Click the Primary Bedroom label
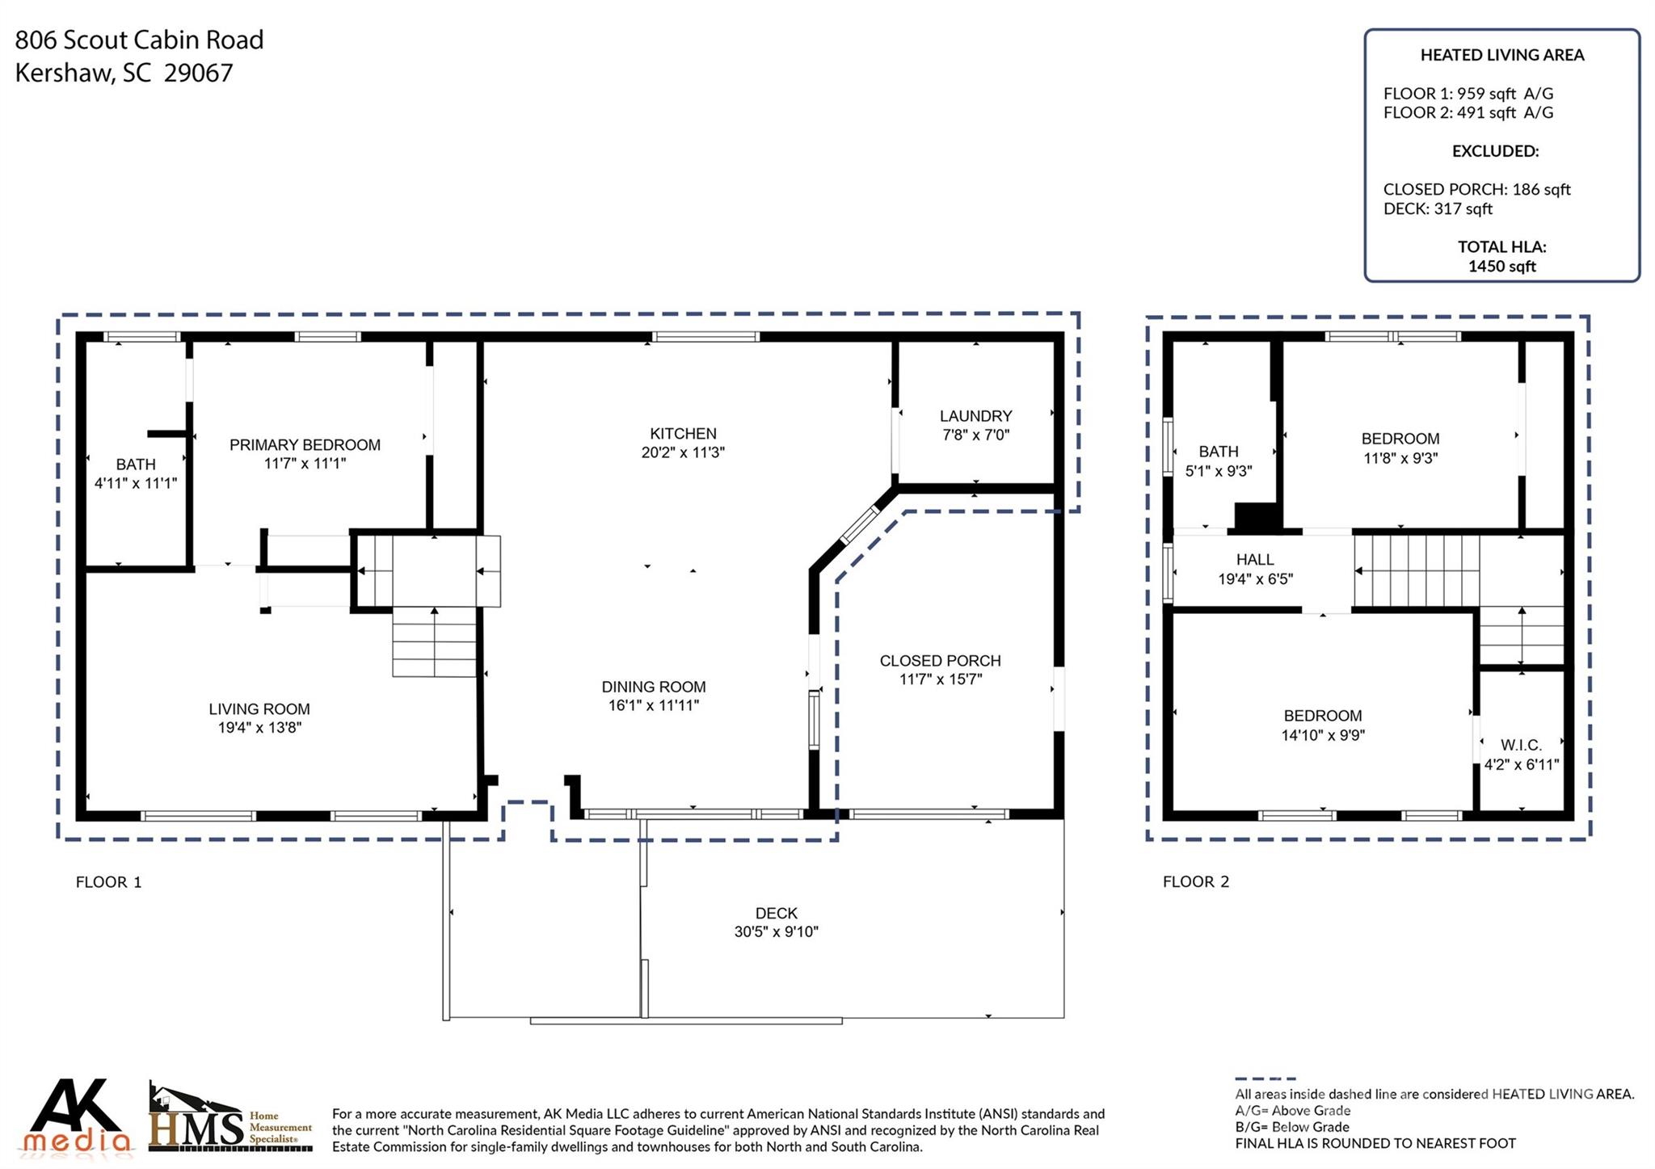[x=305, y=445]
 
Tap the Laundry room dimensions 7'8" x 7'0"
[x=976, y=435]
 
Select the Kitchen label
[x=683, y=434]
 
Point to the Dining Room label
[x=654, y=687]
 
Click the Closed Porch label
[x=941, y=661]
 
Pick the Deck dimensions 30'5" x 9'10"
[x=777, y=932]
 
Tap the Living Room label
[x=259, y=709]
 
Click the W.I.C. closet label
[x=1522, y=745]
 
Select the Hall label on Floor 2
[x=1255, y=560]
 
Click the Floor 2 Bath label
[x=1219, y=452]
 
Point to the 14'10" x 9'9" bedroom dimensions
[x=1323, y=735]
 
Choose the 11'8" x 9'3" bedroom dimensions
[x=1400, y=458]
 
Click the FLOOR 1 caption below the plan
[x=108, y=882]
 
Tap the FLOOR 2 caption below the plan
[x=1196, y=882]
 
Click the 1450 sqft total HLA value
[x=1502, y=267]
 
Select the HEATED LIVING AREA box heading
[x=1502, y=55]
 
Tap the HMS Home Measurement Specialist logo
[x=231, y=1118]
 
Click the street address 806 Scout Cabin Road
[x=140, y=40]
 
